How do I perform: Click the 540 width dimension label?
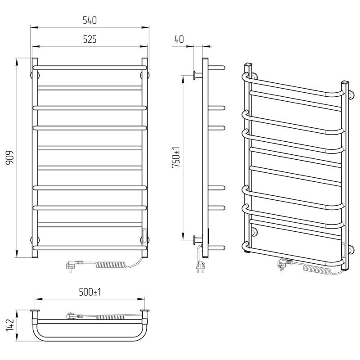click(x=90, y=20)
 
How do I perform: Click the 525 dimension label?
click(x=90, y=40)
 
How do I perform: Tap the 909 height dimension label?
click(x=10, y=157)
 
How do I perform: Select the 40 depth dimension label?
click(x=179, y=39)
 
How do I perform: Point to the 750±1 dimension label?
click(x=176, y=157)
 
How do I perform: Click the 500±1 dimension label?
click(x=90, y=292)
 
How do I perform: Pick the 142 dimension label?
click(x=10, y=325)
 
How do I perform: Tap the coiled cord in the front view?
click(x=111, y=265)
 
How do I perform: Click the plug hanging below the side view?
click(x=200, y=267)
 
